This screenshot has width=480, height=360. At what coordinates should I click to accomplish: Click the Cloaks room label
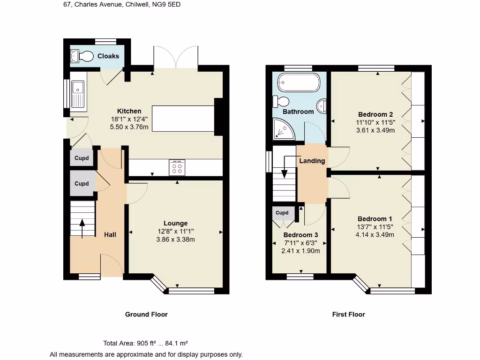tap(108, 56)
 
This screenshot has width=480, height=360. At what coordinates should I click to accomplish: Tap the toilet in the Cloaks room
tap(85, 56)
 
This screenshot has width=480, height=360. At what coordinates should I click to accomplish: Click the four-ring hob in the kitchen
tap(177, 167)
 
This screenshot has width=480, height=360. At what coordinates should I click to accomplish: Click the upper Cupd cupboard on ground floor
tap(82, 158)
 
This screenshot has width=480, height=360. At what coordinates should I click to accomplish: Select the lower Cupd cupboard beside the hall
tap(82, 183)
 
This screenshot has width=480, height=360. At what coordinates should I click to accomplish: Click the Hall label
tap(110, 234)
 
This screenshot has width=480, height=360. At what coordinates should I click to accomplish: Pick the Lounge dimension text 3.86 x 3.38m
tap(176, 240)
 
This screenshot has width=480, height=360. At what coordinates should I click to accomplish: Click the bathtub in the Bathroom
tap(299, 83)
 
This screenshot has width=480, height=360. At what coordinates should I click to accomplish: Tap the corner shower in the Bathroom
tap(283, 129)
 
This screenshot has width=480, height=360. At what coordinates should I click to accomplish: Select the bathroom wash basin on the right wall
tap(322, 106)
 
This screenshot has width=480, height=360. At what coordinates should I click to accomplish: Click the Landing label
tap(312, 161)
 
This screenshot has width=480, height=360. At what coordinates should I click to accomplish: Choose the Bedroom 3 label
tap(300, 235)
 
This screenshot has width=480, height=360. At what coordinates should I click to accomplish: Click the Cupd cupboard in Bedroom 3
tap(282, 213)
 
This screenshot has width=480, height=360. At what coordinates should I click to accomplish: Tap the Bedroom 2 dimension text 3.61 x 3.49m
tap(375, 130)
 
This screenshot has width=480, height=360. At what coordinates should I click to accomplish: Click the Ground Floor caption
tap(146, 315)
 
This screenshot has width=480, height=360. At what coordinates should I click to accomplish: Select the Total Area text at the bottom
tap(146, 343)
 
